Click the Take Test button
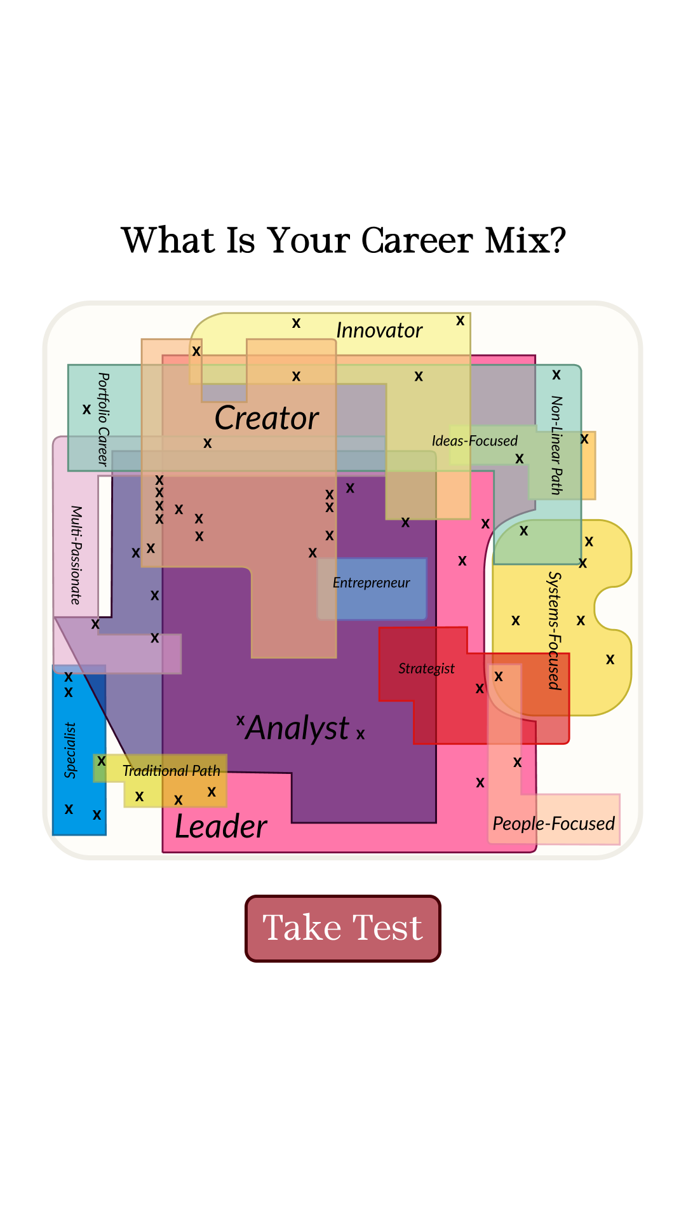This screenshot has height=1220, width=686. pos(343,928)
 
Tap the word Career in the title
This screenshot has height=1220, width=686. pos(417,241)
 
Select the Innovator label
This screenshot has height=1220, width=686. pos(379,330)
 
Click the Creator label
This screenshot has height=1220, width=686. pos(267,418)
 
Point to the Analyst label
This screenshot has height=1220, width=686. pos(298,728)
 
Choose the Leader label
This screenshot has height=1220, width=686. pos(221,827)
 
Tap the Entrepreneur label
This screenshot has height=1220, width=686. pos(372,583)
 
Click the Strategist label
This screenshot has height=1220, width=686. pos(427,668)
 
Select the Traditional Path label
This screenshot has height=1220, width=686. pos(171,771)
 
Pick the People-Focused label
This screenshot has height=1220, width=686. pos(554,823)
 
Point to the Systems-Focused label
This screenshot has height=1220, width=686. pos(555,630)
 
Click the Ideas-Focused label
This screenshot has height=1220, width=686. pos(474,441)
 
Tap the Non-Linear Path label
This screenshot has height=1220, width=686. pos(556,445)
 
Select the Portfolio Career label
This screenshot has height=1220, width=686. pos(103,419)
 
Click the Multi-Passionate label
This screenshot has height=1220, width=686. pos(76,555)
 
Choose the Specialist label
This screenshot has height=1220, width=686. pos(71,750)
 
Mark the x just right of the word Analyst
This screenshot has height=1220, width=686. pos(361,735)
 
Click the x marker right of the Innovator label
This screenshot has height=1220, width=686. pos(461,321)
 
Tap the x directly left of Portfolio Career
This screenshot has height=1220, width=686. pos(87,409)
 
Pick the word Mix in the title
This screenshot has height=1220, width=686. pos(525,241)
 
